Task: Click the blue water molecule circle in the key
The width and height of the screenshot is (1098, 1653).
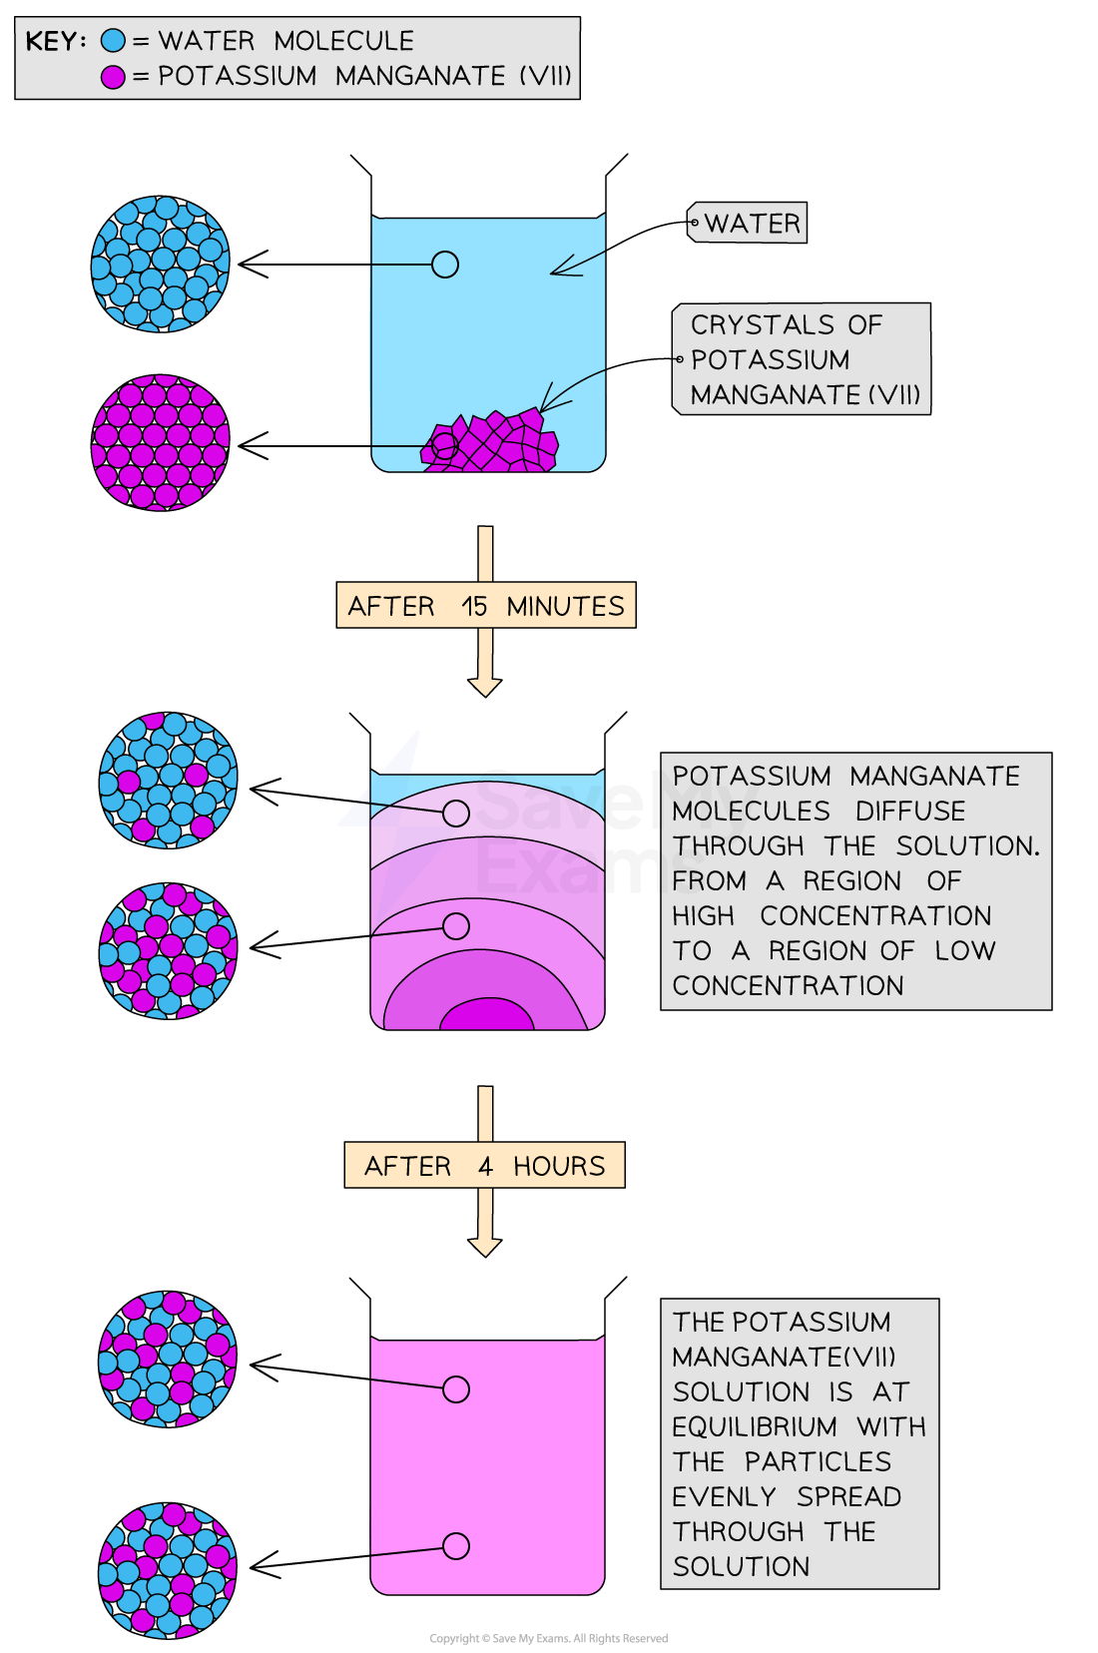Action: pyautogui.click(x=114, y=41)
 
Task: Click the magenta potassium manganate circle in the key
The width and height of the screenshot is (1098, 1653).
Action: pyautogui.click(x=114, y=76)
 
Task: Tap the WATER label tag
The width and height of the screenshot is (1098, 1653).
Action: pyautogui.click(x=748, y=223)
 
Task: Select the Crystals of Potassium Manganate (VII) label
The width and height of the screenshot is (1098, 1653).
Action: pyautogui.click(x=803, y=359)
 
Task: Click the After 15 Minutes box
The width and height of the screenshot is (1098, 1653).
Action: pyautogui.click(x=485, y=606)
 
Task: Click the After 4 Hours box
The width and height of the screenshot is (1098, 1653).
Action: pyautogui.click(x=485, y=1165)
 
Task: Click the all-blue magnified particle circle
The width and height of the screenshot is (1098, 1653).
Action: pyautogui.click(x=161, y=264)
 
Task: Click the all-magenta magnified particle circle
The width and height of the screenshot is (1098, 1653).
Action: pyautogui.click(x=161, y=442)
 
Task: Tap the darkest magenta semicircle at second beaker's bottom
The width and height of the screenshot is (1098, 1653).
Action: pyautogui.click(x=487, y=1017)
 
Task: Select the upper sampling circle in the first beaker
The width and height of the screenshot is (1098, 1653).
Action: pyautogui.click(x=445, y=265)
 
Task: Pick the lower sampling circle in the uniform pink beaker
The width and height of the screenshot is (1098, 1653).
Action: pyautogui.click(x=456, y=1546)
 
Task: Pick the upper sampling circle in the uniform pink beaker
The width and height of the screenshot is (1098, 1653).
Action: pyautogui.click(x=456, y=1389)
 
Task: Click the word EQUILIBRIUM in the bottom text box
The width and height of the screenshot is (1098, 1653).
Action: pyautogui.click(x=755, y=1427)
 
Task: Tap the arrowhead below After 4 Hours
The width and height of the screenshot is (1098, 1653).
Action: pyautogui.click(x=485, y=1247)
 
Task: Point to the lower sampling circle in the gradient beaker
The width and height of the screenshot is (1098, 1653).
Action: pyautogui.click(x=456, y=926)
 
